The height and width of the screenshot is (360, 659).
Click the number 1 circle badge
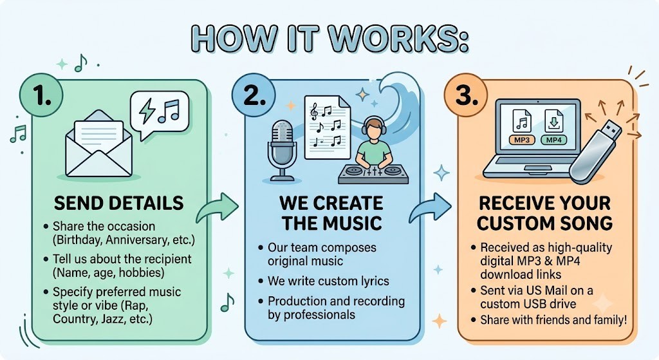point(42,95)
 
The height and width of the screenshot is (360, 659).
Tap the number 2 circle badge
point(254,95)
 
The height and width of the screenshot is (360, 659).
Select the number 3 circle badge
point(466,95)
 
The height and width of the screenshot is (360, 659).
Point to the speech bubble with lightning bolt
point(160,113)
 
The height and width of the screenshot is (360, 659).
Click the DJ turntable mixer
point(373,174)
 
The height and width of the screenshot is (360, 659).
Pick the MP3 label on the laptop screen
point(521,140)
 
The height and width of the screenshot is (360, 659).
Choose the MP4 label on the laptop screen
point(553,140)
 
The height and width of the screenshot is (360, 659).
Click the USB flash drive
point(595,152)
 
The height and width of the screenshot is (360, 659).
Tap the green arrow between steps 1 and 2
point(218,207)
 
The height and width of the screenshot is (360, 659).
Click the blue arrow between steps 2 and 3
point(430,207)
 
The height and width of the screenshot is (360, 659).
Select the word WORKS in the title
point(398,39)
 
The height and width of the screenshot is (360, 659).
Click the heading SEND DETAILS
point(119,203)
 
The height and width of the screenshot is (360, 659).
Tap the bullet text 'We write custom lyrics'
point(328,281)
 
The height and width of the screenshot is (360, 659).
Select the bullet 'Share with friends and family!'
point(553,320)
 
